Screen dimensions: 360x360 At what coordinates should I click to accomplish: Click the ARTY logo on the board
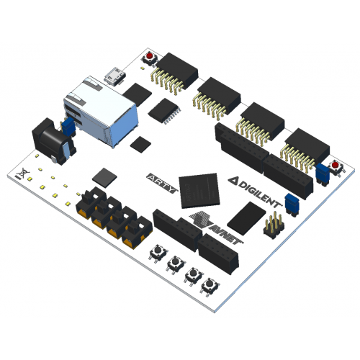163,184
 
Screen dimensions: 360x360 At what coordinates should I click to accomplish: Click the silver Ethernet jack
101,111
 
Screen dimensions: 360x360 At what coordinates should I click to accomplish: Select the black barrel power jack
53,141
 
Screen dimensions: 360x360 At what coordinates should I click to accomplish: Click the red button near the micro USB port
150,58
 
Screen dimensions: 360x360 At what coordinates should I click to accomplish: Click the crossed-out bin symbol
22,174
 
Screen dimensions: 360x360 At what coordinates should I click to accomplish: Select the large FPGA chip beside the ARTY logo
199,190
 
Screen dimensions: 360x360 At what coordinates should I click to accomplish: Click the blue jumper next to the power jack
68,127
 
